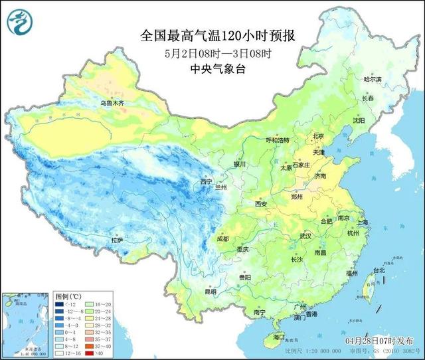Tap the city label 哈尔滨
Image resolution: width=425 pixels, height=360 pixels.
pos(373,79)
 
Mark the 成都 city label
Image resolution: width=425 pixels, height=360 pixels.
pos(222,238)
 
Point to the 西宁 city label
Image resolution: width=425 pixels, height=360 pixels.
pos(207,181)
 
